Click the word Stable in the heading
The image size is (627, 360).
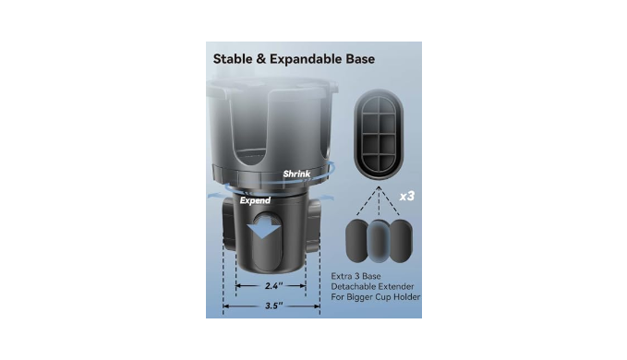[233, 59]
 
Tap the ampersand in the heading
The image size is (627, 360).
[261, 59]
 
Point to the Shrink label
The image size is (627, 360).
[296, 174]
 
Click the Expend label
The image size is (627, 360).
[255, 200]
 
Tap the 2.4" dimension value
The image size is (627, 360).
[274, 285]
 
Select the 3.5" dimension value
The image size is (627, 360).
[274, 306]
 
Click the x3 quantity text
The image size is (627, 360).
[407, 197]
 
